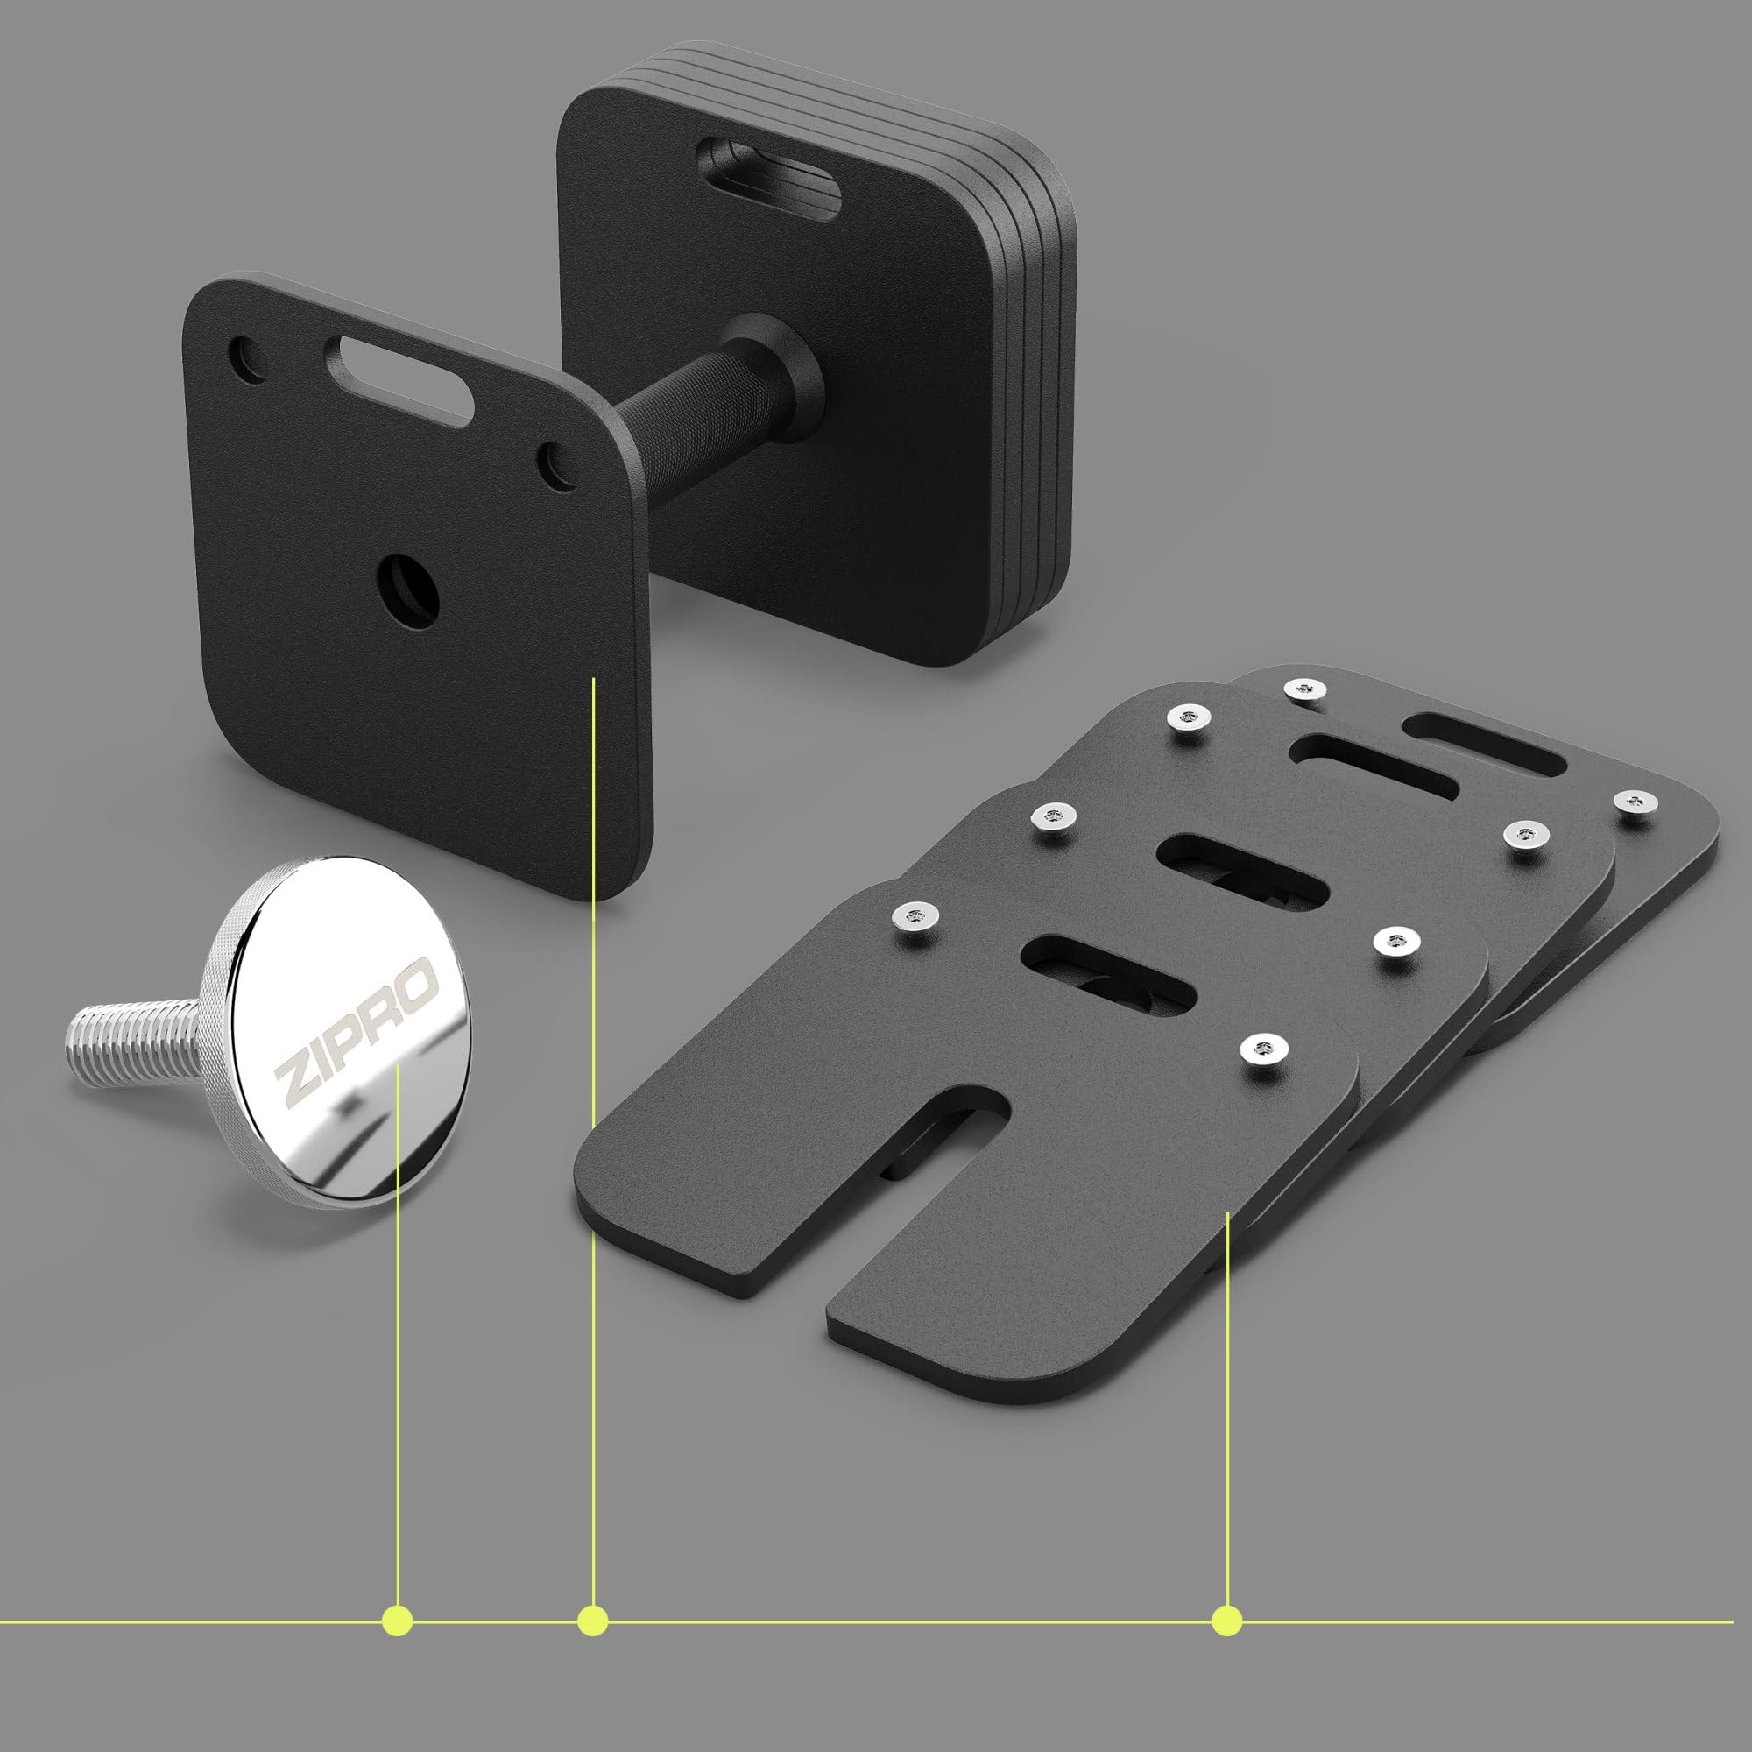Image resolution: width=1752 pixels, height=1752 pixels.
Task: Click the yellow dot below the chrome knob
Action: pos(397,1620)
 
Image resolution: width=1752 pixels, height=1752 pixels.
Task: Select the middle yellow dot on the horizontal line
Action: pos(592,1620)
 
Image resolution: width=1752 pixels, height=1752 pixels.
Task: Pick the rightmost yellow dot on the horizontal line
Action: pos(1227,1620)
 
